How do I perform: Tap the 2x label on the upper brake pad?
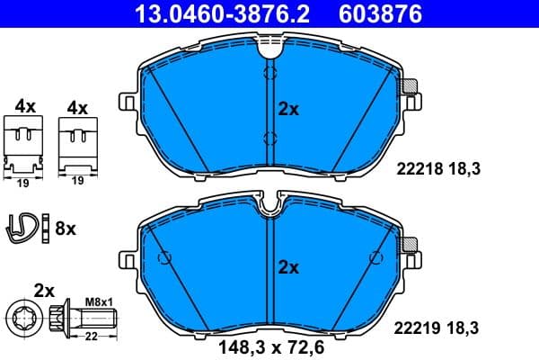click(287, 109)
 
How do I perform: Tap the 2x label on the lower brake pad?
click(287, 267)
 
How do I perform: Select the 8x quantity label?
click(66, 229)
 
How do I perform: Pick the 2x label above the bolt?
click(45, 290)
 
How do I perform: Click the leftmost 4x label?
click(24, 106)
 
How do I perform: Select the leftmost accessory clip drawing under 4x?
click(24, 143)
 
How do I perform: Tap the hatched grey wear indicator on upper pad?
click(411, 87)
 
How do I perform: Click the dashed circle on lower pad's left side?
click(164, 258)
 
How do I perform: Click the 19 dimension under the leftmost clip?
click(24, 180)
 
